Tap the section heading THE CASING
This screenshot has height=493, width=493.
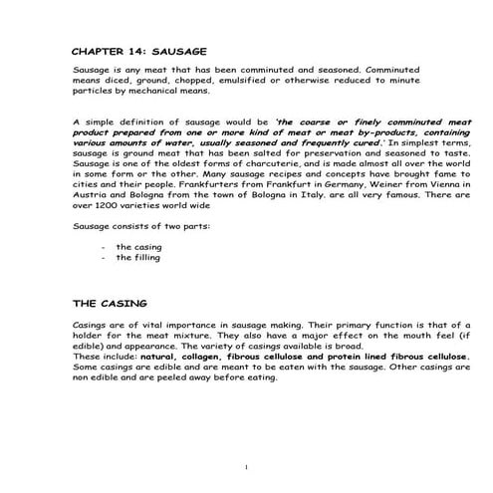pos(111,302)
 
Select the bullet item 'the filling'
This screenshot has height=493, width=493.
pos(137,257)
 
